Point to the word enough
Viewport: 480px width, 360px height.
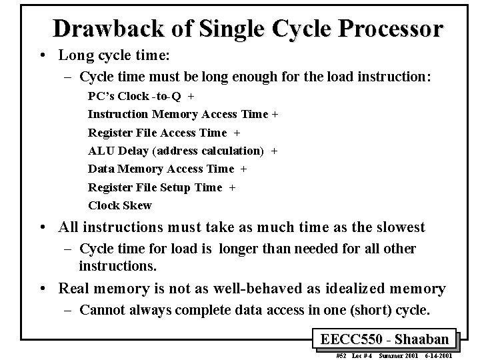(243, 77)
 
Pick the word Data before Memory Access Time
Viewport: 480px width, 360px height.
(101, 169)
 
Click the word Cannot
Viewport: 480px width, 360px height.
(103, 311)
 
